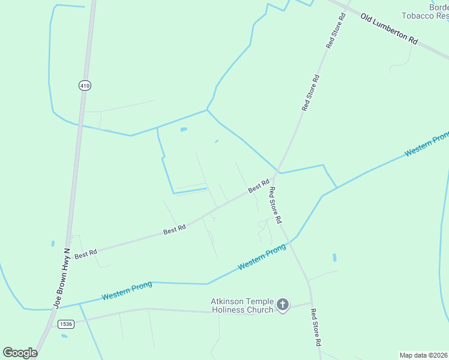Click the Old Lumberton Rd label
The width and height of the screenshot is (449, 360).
(x=390, y=28)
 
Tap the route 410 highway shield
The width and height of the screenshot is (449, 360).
(x=85, y=86)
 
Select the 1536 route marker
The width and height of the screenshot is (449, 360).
(x=66, y=324)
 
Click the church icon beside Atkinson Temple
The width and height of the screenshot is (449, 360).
(x=283, y=306)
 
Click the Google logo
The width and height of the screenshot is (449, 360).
(x=20, y=353)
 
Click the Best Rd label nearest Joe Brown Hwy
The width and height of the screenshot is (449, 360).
(x=86, y=254)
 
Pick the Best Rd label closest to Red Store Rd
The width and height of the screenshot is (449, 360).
(x=259, y=187)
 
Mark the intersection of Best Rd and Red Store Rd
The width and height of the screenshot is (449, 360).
(x=274, y=178)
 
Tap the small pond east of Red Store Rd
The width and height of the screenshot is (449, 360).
(x=334, y=257)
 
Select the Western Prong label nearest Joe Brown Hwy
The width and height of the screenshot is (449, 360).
(x=127, y=291)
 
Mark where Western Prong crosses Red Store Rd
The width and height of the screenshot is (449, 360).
(x=291, y=241)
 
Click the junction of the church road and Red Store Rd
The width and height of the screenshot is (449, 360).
(x=311, y=302)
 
